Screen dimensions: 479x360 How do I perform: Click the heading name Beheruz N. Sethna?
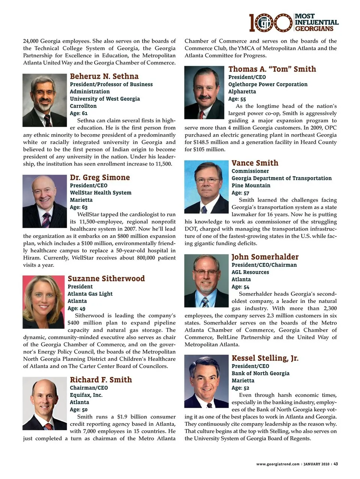[x=104, y=76]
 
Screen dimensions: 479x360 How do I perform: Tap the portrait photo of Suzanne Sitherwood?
[x=43, y=302]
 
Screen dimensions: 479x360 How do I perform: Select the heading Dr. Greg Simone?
[x=100, y=178]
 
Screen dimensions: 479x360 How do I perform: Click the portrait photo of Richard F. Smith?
[x=45, y=403]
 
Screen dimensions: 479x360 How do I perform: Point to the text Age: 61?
[x=79, y=113]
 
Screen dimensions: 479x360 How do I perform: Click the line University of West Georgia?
[x=105, y=99]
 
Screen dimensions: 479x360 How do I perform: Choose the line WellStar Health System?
[x=100, y=193]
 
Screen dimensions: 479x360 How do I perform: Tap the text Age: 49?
[x=76, y=308]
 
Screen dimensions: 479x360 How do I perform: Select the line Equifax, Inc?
[x=86, y=395]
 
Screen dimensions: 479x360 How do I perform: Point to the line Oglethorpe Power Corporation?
[x=268, y=84]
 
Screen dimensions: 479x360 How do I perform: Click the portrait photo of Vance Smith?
[x=206, y=187]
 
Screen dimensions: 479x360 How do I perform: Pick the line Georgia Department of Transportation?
[x=281, y=178]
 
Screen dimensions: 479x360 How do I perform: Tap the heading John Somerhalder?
[x=265, y=257]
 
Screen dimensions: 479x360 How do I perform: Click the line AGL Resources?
[x=250, y=272]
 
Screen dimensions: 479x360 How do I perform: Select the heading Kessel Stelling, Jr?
[x=265, y=358]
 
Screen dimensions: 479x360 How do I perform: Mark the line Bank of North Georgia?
[x=260, y=373]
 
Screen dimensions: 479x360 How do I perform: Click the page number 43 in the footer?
[x=336, y=464]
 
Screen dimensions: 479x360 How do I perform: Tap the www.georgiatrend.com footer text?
[x=277, y=464]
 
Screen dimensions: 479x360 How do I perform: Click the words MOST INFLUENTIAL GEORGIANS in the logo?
[x=316, y=22]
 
